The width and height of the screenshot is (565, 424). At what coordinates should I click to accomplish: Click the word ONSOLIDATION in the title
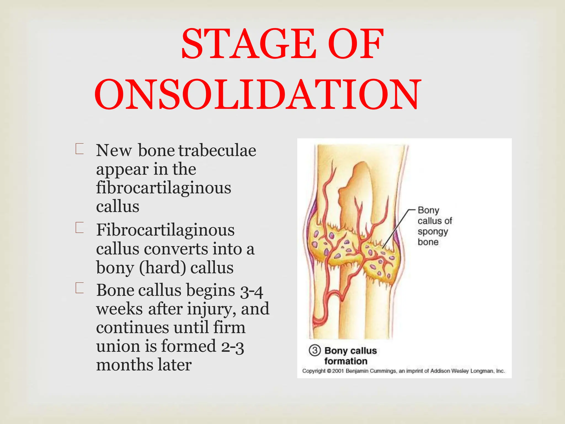258,94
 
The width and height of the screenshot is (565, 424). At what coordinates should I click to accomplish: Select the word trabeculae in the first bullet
217,151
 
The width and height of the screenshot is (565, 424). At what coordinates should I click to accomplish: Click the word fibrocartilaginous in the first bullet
164,188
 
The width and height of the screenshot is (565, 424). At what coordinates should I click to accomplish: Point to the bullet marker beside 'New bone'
79,149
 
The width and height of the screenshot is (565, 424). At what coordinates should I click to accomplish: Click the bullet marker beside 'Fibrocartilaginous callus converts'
79,228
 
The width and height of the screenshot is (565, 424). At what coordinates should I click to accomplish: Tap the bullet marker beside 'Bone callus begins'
79,288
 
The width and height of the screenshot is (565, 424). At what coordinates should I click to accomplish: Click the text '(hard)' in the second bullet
162,268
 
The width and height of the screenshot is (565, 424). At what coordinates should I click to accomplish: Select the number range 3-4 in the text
251,291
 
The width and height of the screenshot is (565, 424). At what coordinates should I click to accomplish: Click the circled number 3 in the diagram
315,351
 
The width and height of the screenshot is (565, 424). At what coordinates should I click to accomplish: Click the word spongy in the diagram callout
432,232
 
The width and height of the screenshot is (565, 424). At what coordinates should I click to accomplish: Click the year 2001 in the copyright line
338,371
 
